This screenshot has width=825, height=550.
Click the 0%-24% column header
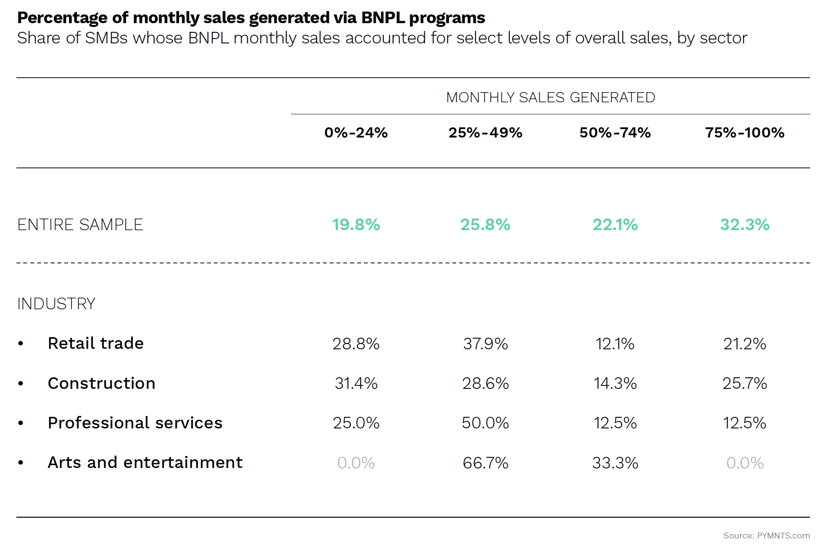[356, 133]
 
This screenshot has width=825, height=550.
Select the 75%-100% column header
[744, 133]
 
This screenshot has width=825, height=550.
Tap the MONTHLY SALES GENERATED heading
[550, 97]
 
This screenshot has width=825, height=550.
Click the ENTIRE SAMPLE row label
[80, 225]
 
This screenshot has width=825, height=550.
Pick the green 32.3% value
[744, 225]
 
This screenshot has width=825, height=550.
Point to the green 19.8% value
[356, 225]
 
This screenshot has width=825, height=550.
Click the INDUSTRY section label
[56, 304]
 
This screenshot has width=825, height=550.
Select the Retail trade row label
[96, 344]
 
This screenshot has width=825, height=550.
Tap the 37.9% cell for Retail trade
[485, 344]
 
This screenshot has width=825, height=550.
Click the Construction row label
[101, 384]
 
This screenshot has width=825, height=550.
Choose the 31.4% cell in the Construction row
[356, 384]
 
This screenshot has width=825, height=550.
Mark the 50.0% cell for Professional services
[485, 423]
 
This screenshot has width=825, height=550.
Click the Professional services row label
[135, 423]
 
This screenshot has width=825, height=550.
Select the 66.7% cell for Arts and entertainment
[485, 463]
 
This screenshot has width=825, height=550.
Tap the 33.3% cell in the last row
[615, 463]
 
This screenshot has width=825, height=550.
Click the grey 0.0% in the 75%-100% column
[744, 463]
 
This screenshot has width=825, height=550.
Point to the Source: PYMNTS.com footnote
[766, 536]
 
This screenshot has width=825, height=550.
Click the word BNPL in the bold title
[382, 18]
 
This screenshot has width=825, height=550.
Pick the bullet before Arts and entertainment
[21, 463]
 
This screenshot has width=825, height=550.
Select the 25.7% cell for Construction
[744, 384]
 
